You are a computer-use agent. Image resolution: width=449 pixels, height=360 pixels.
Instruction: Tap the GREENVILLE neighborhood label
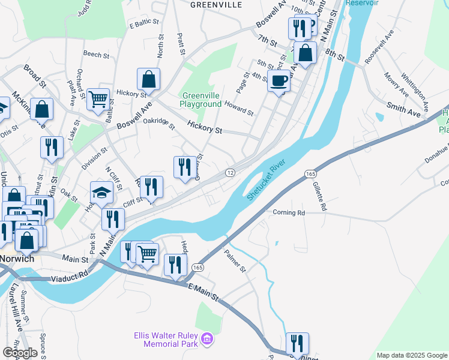216,5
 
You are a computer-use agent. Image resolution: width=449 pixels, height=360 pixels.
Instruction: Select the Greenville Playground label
202,100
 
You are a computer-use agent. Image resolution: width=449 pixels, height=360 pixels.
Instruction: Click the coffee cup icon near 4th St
279,80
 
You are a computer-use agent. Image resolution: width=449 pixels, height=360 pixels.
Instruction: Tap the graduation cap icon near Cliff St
101,193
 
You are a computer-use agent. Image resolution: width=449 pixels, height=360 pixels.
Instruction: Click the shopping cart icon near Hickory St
98,99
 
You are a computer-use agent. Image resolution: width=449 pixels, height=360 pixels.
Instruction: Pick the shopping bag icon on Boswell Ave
148,79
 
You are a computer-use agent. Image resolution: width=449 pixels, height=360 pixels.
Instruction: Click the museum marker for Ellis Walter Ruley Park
208,340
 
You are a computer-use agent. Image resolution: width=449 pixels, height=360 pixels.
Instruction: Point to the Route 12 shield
230,172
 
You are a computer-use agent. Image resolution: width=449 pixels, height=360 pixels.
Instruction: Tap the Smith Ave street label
403,108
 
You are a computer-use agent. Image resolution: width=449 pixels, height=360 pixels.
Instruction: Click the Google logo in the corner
19,353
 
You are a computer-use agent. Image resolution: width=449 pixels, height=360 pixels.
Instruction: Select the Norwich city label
16,259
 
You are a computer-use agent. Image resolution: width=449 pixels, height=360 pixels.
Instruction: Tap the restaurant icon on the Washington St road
297,343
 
